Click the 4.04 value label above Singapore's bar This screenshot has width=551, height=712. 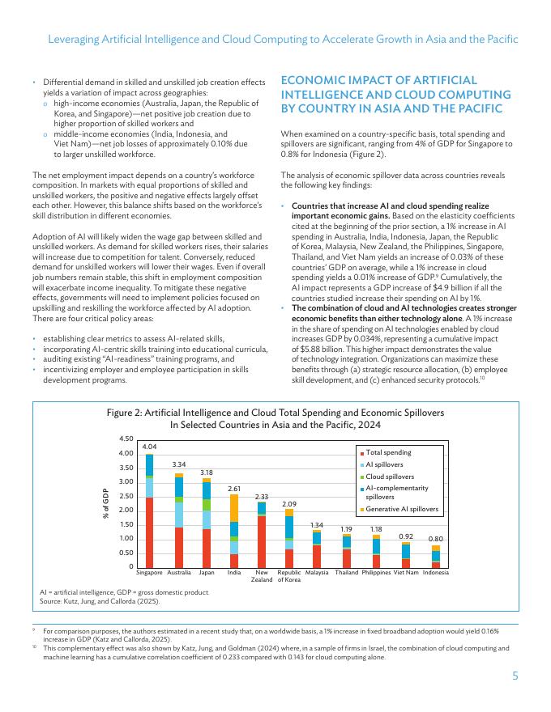click(x=149, y=446)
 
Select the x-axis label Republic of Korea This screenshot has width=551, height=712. click(x=289, y=576)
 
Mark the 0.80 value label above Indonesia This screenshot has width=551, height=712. click(x=436, y=539)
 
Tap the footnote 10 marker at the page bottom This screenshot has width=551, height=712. click(x=35, y=648)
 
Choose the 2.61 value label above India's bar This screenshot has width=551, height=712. click(x=233, y=489)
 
